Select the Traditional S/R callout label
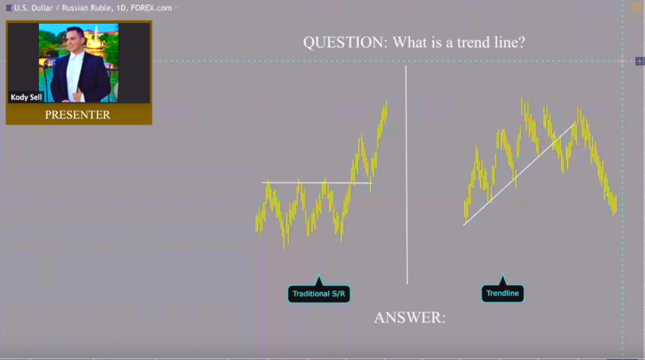tap(318, 294)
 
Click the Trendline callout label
tap(502, 294)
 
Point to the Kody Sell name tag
tap(26, 97)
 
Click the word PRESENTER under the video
tap(78, 115)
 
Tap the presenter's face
tap(75, 40)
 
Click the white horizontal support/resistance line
tap(317, 183)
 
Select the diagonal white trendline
tap(518, 174)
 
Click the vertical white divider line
tap(406, 170)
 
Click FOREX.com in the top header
tap(151, 8)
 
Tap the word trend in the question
tap(468, 42)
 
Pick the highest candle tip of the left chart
tap(386, 102)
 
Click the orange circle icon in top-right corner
tap(637, 8)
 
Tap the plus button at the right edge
tap(639, 61)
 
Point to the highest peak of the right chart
tap(522, 101)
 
